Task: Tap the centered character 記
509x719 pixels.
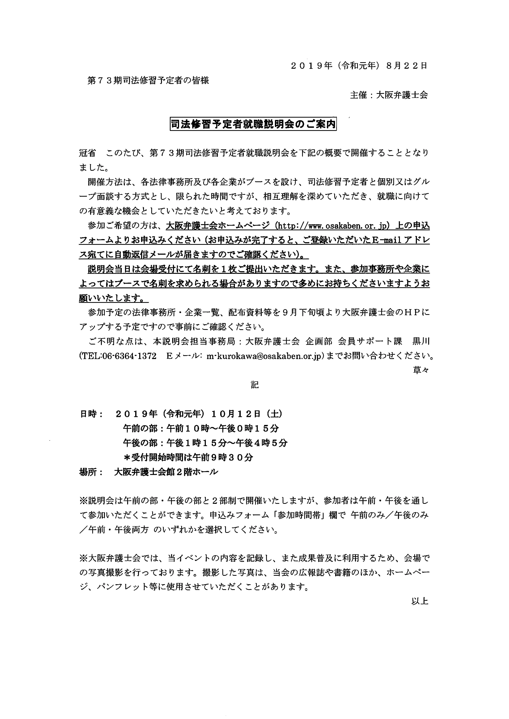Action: pos(254,385)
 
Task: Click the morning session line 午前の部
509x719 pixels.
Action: pos(201,428)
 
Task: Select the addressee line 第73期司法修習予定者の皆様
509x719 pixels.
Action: pos(148,81)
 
